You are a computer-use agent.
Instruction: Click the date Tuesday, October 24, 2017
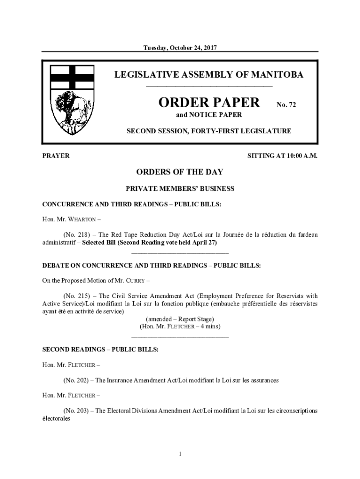(x=180, y=48)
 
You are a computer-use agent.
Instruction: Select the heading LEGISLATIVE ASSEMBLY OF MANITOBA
(x=209, y=75)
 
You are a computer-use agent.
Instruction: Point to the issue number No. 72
(x=286, y=105)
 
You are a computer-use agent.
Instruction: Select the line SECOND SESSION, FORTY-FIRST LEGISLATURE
(x=209, y=131)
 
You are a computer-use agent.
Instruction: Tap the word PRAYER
(x=56, y=156)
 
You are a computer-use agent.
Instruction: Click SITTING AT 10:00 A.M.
(x=282, y=156)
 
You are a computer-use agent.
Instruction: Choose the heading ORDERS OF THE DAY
(x=180, y=172)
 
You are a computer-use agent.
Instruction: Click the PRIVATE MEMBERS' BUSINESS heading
(x=180, y=189)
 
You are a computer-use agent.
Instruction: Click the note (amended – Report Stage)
(x=180, y=319)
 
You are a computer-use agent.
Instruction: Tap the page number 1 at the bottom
(x=180, y=454)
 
